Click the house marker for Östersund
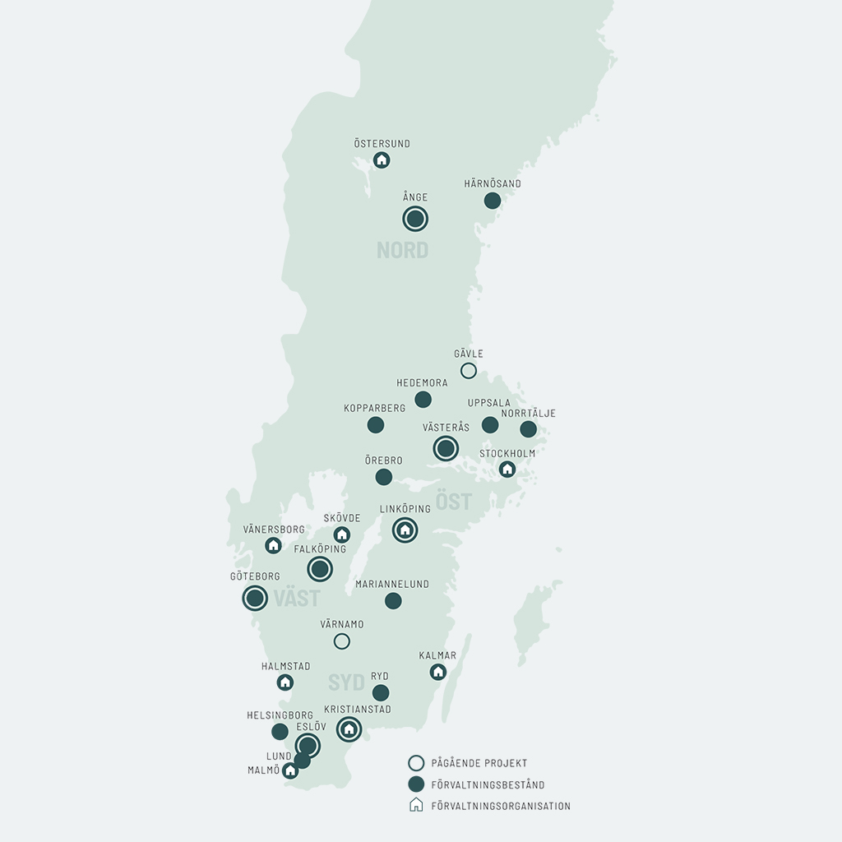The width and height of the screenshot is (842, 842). (x=382, y=160)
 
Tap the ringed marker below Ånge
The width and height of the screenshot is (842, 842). (x=415, y=219)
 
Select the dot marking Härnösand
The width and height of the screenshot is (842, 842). (x=493, y=201)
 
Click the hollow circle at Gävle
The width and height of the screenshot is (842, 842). (x=469, y=371)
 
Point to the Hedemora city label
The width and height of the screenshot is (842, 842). (x=422, y=383)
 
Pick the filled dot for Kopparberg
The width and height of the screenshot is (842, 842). (x=376, y=425)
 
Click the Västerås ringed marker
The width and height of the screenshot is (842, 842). (x=446, y=448)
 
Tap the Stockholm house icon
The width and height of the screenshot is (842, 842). (x=507, y=469)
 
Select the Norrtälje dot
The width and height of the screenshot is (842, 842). (x=529, y=429)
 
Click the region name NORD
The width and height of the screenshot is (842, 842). (x=402, y=251)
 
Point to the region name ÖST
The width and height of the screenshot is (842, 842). (x=454, y=502)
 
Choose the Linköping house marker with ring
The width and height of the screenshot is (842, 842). (x=405, y=530)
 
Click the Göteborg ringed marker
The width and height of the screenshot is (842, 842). (x=255, y=598)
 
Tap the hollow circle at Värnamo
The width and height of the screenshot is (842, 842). (x=342, y=641)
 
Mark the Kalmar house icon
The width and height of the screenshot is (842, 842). (x=438, y=672)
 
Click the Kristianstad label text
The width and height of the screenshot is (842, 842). (x=358, y=710)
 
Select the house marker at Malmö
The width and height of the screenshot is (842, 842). (x=289, y=770)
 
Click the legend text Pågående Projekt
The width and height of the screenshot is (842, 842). (x=479, y=763)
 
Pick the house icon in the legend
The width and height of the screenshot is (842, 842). (x=416, y=805)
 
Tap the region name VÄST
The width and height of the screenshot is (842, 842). (x=297, y=599)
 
